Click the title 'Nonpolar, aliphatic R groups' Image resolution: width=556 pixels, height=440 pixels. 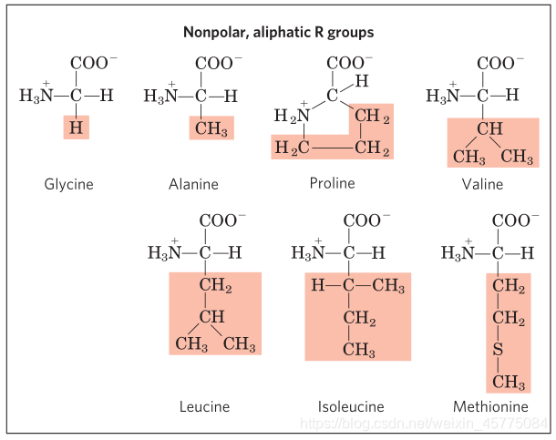[278, 32]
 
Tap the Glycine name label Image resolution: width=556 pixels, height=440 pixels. [68, 184]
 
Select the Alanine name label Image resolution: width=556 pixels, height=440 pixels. [193, 184]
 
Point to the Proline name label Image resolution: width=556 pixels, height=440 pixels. [332, 183]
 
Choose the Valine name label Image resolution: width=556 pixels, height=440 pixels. [482, 184]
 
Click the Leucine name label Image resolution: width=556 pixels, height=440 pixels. [204, 406]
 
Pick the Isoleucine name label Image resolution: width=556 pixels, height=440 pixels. [351, 406]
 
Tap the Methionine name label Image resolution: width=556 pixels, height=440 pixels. [490, 406]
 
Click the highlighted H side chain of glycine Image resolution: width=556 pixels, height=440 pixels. [76, 128]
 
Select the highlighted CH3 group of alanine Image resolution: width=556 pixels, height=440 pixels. [211, 128]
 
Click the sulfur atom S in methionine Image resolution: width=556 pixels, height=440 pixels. [499, 350]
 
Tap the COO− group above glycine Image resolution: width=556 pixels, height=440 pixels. [93, 63]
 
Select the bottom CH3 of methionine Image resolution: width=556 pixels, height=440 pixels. [509, 381]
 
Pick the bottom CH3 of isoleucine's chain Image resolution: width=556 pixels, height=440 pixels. [359, 350]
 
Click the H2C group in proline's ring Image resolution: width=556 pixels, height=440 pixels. [292, 148]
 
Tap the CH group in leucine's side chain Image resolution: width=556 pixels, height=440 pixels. [211, 316]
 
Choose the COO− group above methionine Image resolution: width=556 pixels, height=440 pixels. [513, 220]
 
